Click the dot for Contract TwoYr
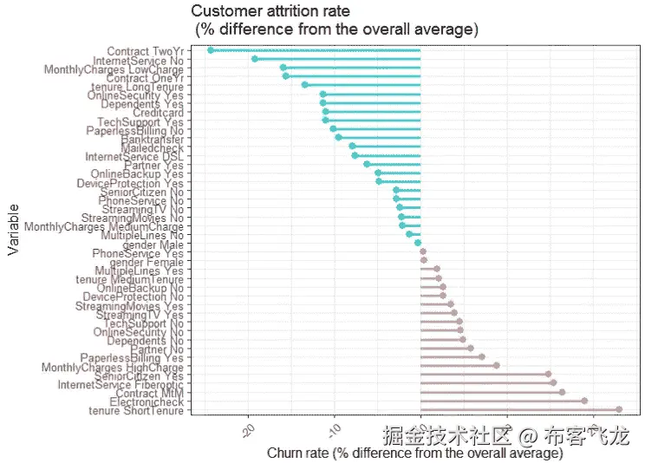pos(211,50)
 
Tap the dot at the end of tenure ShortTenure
pos(619,409)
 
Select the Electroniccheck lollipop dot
pos(584,401)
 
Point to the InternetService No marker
pos(254,59)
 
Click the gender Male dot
pos(418,243)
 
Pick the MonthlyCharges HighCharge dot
pos(496,365)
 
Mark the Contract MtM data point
pos(562,392)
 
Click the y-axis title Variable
pos(13,229)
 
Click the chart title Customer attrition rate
pos(270,11)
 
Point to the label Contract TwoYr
pos(145,51)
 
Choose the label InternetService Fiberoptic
pos(121,384)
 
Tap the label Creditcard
pos(158,112)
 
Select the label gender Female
pos(147,261)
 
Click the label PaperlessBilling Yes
pos(132,357)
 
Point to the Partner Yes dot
pos(367,164)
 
